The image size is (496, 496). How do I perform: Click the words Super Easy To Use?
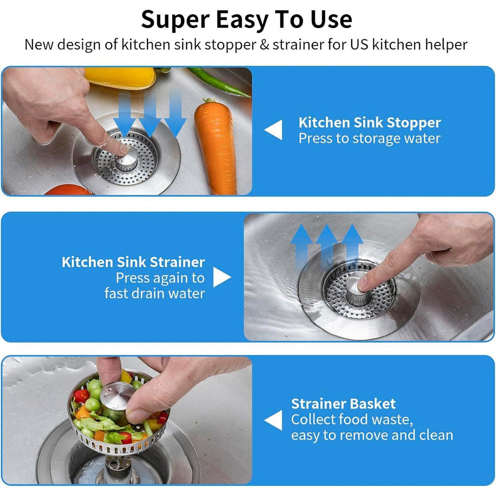[247, 19]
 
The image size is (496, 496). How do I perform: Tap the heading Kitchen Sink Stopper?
[370, 123]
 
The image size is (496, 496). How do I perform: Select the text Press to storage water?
[370, 139]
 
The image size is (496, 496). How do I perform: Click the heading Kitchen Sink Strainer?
[133, 263]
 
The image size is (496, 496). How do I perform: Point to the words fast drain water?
[155, 294]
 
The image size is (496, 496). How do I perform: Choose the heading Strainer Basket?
[343, 404]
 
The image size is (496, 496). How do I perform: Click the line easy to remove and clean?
[372, 435]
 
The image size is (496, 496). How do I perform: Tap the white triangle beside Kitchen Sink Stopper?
[274, 130]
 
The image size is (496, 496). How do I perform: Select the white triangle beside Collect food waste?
[274, 420]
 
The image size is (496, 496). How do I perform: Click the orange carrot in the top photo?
[216, 145]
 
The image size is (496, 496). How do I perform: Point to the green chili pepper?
[218, 82]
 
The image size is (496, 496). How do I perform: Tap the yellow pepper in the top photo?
[121, 77]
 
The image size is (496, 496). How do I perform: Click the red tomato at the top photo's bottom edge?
[68, 190]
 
